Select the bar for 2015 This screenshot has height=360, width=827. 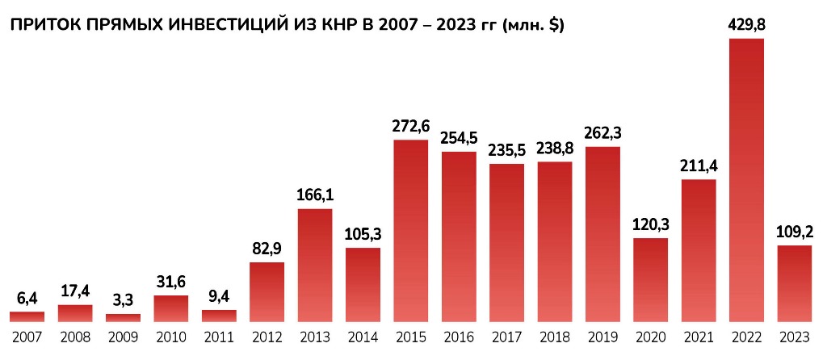click(411, 231)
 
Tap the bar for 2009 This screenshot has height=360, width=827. click(123, 317)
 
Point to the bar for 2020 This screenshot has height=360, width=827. click(650, 279)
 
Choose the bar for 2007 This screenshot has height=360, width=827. click(27, 316)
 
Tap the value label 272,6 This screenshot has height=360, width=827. click(411, 127)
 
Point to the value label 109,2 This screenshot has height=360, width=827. click(794, 232)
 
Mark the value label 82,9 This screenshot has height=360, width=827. click(267, 249)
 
